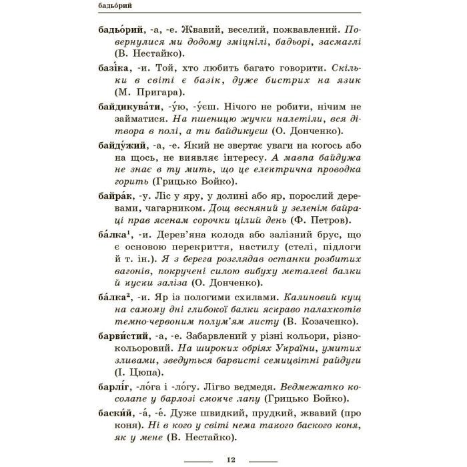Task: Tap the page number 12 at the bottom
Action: coord(231,459)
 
